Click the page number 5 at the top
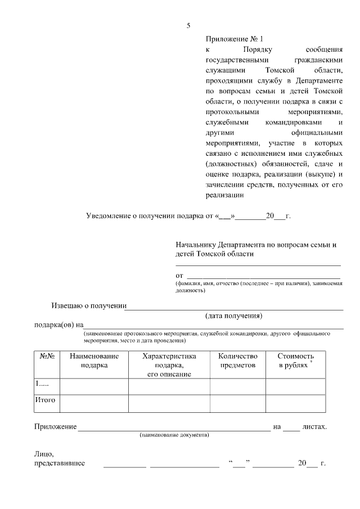[189, 25]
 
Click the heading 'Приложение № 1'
[235, 39]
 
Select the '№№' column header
[47, 356]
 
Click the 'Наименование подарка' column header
[94, 361]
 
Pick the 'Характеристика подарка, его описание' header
[169, 365]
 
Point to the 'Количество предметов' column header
[237, 361]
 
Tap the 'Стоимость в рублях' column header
[295, 361]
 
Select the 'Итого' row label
[45, 400]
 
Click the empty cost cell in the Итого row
[295, 403]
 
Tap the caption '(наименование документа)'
[174, 435]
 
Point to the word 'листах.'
[314, 427]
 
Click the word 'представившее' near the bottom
[60, 463]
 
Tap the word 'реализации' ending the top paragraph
[224, 195]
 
